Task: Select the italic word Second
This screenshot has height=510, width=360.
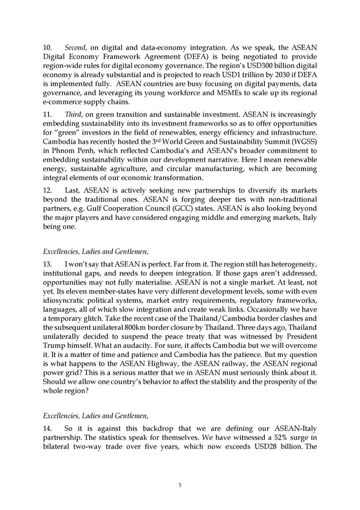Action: coord(74,47)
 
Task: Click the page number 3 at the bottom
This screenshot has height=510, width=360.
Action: coord(180,485)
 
